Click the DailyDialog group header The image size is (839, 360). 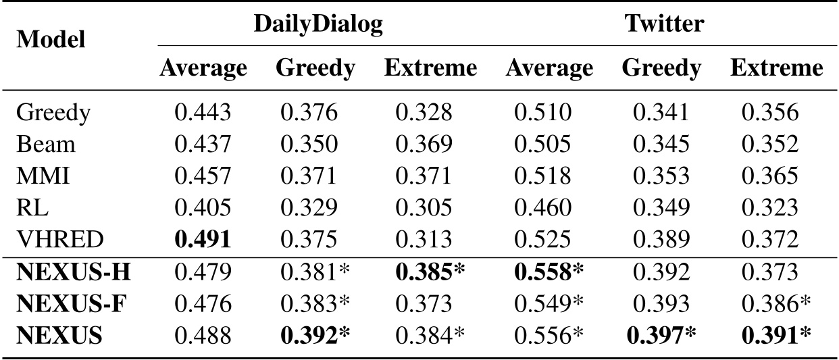click(x=318, y=24)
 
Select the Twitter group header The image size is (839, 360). click(x=665, y=24)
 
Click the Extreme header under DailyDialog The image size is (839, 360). click(x=430, y=68)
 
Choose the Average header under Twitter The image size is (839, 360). click(x=550, y=68)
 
